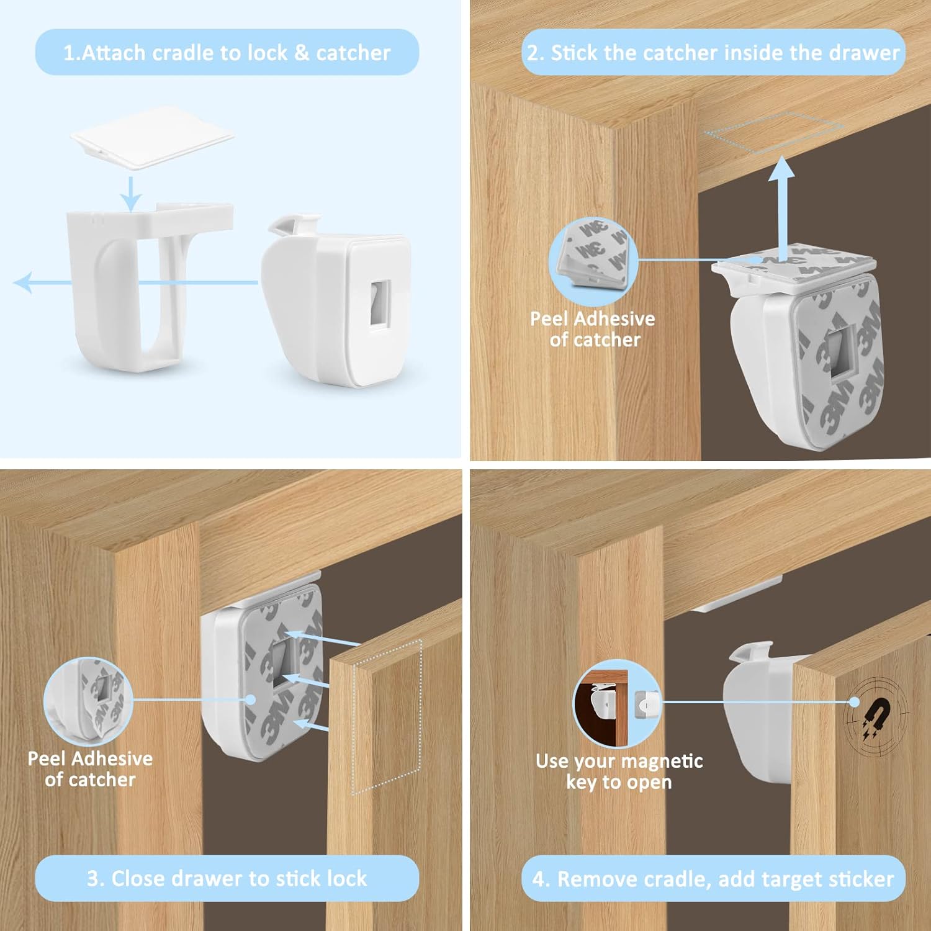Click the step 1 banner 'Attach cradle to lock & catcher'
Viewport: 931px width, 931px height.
pos(227,53)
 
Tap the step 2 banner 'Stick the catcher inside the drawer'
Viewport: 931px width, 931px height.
pos(713,53)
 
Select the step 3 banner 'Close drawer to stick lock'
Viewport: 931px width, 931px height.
pos(227,878)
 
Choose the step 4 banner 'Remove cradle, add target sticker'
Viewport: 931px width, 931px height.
pos(713,879)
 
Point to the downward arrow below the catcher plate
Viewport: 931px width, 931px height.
pos(130,194)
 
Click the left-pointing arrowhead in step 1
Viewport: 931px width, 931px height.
pos(24,282)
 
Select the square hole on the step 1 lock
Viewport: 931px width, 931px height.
pos(380,302)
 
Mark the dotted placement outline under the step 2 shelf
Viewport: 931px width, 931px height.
pos(774,132)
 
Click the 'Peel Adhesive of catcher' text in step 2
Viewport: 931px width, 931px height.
pos(593,329)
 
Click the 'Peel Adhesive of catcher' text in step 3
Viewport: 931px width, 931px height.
pos(90,769)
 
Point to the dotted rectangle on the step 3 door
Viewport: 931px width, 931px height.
pos(387,717)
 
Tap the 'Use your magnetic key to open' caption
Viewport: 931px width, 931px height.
pos(619,771)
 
